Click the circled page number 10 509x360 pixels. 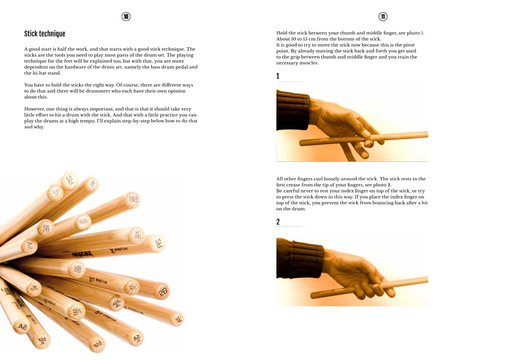(126, 17)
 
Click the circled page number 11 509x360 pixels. (383, 17)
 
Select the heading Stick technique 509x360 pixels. (45, 34)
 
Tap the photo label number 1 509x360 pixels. (278, 76)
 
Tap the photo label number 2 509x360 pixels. (278, 222)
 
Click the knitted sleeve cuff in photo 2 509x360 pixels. (300, 260)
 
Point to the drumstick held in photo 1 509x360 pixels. (387, 137)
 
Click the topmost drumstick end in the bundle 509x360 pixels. (69, 180)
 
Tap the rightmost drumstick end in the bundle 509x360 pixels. (177, 319)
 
